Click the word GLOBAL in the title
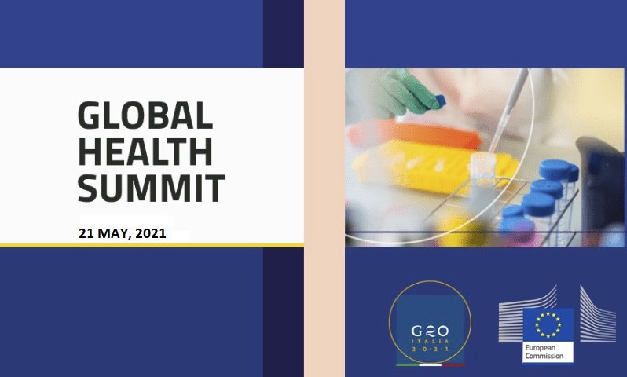pos(145,115)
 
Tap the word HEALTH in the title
pos(145,152)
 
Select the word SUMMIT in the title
pos(152,188)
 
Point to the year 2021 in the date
pos(151,233)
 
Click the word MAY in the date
pos(114,233)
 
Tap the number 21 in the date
pos(86,233)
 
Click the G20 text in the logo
pos(430,331)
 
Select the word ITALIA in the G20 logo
pos(431,342)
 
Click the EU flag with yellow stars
pos(548,324)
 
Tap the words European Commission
pos(544,352)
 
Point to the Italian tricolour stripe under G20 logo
pos(431,365)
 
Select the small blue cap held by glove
pos(440,101)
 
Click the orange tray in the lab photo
pos(415,134)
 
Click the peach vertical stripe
pos(324,188)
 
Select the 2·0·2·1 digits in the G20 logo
pos(431,350)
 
